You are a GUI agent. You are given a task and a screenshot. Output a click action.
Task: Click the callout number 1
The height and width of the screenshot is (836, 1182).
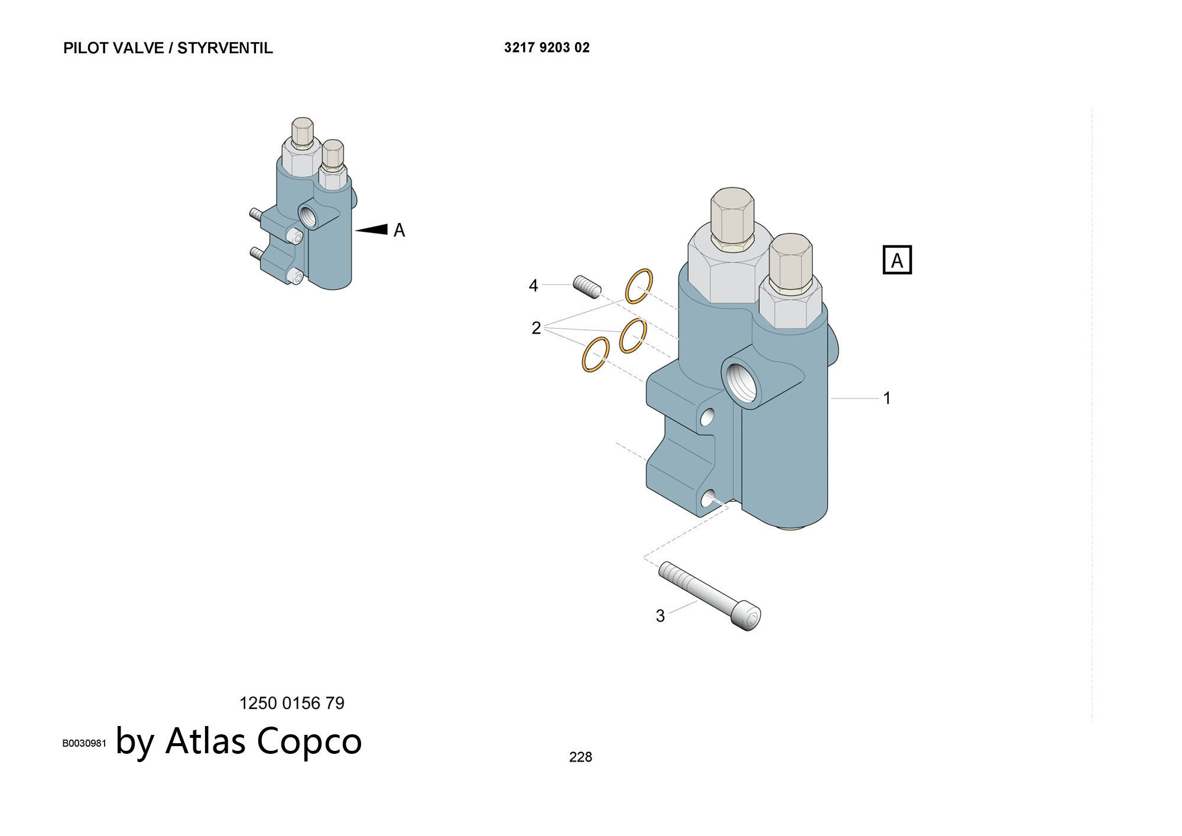(886, 398)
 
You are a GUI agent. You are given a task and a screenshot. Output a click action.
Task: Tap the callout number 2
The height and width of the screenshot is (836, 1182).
(536, 328)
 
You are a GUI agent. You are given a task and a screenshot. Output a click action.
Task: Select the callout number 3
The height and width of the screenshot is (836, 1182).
(660, 616)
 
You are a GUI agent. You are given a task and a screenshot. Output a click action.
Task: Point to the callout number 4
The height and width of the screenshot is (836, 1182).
(533, 286)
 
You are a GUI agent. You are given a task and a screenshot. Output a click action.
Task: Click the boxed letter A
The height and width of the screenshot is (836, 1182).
(897, 260)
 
